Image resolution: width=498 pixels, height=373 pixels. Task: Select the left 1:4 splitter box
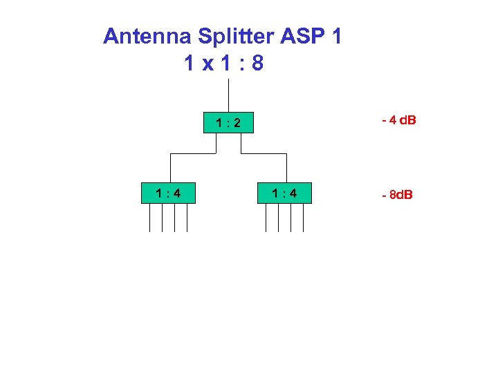click(x=168, y=193)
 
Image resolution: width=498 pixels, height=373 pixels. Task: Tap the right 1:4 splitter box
click(x=284, y=193)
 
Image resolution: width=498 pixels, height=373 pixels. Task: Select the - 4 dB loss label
click(x=398, y=121)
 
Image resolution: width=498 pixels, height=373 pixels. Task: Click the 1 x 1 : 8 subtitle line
click(x=223, y=64)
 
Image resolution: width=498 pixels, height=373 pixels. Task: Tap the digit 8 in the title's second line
click(x=257, y=64)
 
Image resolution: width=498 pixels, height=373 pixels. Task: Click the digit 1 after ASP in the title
click(x=336, y=37)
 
